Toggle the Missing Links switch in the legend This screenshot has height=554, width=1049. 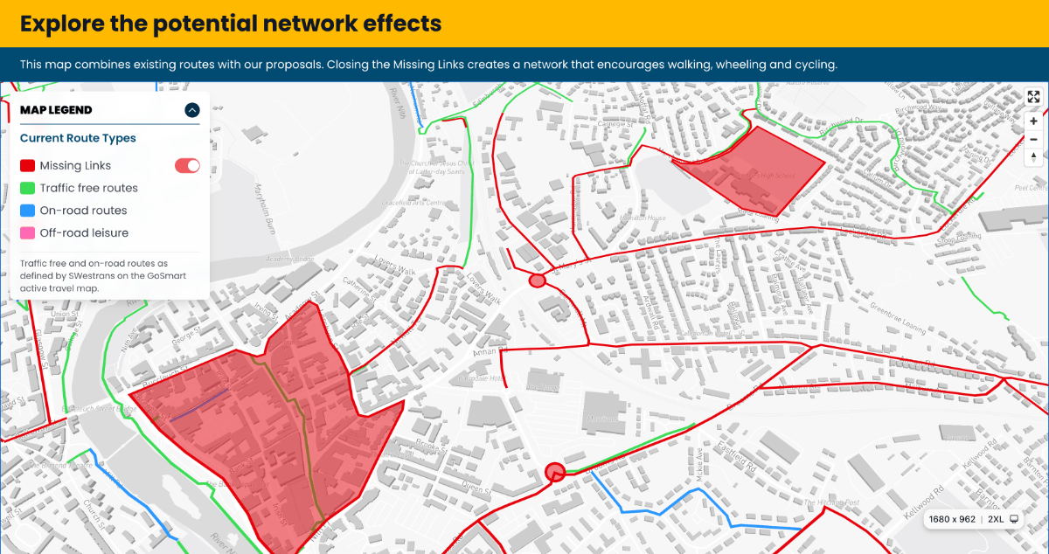[x=187, y=165]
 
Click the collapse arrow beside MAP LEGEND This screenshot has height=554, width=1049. [x=192, y=110]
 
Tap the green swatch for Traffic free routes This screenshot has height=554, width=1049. [x=27, y=188]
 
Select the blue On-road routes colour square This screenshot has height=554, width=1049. [x=27, y=211]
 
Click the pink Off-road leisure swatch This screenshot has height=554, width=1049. [x=27, y=233]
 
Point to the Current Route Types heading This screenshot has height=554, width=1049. [x=78, y=138]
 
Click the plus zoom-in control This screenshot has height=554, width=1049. [x=1033, y=121]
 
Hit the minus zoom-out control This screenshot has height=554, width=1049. [x=1033, y=140]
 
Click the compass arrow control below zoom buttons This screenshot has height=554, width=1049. [x=1033, y=158]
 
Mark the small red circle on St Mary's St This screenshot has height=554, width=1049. [x=538, y=280]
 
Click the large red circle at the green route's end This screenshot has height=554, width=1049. [x=554, y=473]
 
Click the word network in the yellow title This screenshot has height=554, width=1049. [x=337, y=23]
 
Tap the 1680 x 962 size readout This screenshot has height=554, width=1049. [x=951, y=519]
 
